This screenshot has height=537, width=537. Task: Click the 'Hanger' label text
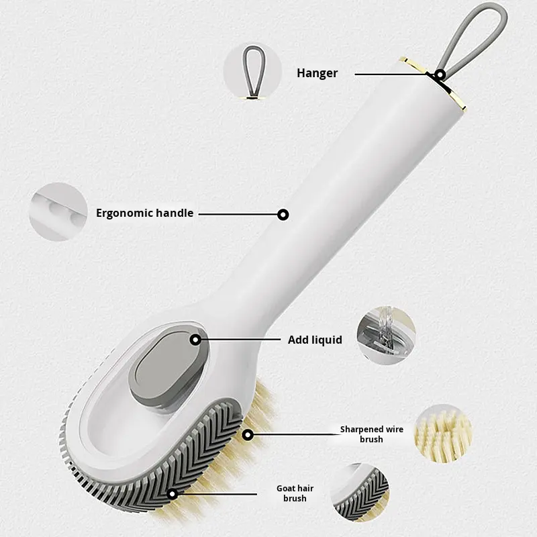click(x=318, y=73)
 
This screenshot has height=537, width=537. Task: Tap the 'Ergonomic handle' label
click(x=144, y=213)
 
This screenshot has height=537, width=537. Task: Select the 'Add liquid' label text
click(x=315, y=340)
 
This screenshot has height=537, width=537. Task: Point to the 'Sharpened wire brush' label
click(x=371, y=434)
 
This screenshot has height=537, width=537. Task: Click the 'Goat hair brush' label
click(x=295, y=493)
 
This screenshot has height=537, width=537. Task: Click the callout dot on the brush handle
click(x=283, y=215)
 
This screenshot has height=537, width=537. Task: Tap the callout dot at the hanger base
click(x=440, y=75)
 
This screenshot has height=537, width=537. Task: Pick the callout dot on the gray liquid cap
click(x=195, y=340)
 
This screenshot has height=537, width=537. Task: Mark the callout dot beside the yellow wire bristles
click(x=248, y=435)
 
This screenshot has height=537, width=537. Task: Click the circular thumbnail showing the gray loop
click(x=252, y=71)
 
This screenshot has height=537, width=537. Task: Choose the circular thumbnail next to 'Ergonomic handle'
click(x=58, y=212)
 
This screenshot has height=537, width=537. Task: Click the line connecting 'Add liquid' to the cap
click(x=242, y=340)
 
